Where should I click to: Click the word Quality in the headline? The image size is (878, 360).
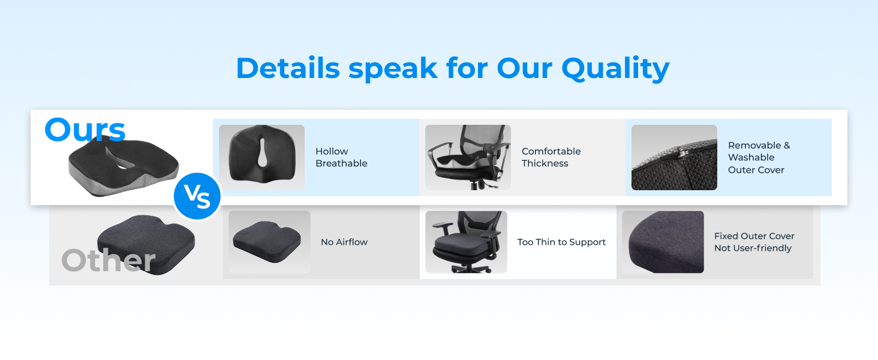click(x=615, y=68)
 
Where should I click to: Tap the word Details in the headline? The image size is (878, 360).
click(x=288, y=68)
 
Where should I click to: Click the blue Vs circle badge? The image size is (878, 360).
click(x=197, y=196)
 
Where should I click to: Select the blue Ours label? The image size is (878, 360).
click(x=85, y=130)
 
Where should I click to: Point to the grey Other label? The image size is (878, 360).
click(x=109, y=260)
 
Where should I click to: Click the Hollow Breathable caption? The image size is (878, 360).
click(x=341, y=157)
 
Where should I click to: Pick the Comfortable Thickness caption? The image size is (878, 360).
click(x=551, y=157)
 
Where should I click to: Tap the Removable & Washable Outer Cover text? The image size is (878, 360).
click(x=759, y=157)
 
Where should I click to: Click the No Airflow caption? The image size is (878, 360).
click(x=344, y=242)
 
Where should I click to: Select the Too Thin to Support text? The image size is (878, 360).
click(x=561, y=242)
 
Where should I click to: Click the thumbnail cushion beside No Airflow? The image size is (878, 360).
click(x=267, y=242)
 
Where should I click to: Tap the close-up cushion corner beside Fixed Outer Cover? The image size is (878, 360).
click(x=665, y=242)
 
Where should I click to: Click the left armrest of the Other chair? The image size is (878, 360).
click(x=443, y=226)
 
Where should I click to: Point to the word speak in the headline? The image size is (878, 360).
click(x=393, y=70)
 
